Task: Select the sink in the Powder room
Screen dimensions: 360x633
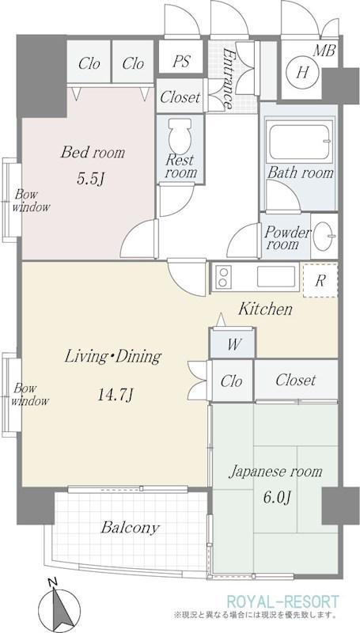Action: pos(324,235)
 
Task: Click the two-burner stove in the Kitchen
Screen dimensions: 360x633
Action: pos(223,277)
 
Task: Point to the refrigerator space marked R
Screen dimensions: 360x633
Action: pos(320,281)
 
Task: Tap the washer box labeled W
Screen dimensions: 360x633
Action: pos(233,344)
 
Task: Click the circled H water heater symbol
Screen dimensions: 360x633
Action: pos(303,73)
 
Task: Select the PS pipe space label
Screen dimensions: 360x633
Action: pos(181,62)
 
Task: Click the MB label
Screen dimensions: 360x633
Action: pos(324,51)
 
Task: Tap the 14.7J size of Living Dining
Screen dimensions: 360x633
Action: pos(116,395)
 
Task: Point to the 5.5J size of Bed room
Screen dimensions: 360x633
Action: pos(93,178)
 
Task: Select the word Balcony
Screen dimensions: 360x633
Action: pos(130,528)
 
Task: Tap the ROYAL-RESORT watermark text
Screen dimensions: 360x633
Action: pos(282,601)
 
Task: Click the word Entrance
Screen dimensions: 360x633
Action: pos(227,78)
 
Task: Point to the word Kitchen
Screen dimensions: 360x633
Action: pos(265,309)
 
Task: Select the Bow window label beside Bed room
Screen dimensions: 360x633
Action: pos(31,201)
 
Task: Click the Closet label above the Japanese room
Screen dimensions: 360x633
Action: pos(296,381)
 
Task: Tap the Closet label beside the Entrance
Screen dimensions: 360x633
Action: pos(180,97)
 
